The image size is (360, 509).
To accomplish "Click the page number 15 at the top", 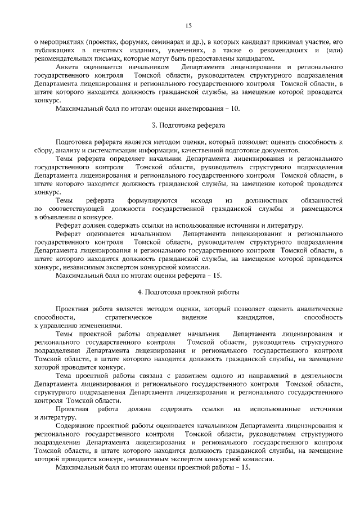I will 188,25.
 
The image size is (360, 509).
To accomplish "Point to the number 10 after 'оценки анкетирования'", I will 235,107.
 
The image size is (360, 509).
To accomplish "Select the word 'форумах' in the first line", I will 133,42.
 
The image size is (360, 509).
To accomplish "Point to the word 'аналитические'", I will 319,309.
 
